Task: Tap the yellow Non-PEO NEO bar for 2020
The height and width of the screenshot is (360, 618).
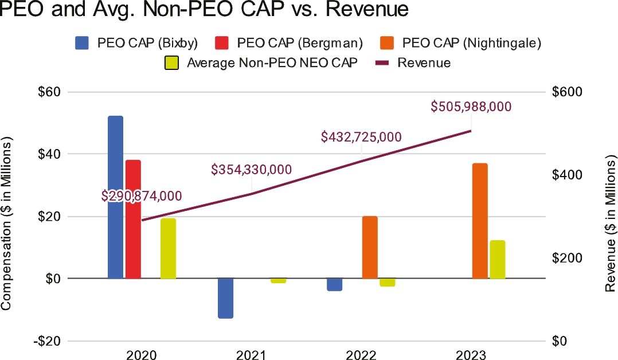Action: (168, 248)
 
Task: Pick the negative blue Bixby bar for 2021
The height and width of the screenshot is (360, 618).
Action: (226, 298)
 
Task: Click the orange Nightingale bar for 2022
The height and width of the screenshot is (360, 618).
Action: (370, 247)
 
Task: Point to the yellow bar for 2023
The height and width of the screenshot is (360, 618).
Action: (498, 259)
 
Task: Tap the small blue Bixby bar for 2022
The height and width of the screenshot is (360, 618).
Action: (335, 284)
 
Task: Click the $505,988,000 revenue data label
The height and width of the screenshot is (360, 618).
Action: (471, 107)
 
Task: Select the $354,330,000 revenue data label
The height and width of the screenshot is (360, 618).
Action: (251, 170)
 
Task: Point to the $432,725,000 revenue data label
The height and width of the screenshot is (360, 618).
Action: (361, 137)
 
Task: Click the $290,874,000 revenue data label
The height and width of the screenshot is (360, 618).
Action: (142, 195)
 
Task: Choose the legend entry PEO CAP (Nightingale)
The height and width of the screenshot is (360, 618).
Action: (461, 43)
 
